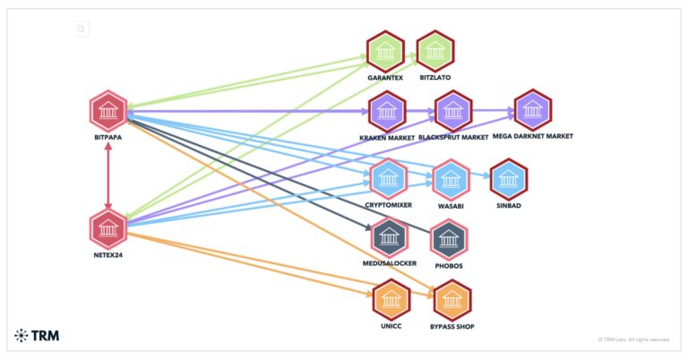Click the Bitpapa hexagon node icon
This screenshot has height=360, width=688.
click(x=108, y=111)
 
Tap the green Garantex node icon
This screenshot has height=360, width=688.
click(x=386, y=51)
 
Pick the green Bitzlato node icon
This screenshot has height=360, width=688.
click(x=436, y=51)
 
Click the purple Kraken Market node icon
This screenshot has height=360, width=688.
click(x=387, y=110)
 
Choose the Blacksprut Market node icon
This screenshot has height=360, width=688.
click(x=452, y=110)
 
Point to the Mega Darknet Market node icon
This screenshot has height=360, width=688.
click(x=533, y=109)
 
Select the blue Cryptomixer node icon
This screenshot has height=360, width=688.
click(x=389, y=177)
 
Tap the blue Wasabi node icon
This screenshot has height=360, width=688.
click(x=451, y=178)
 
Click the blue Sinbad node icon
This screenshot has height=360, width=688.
click(x=508, y=177)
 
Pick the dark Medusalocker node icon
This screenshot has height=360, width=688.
click(x=389, y=236)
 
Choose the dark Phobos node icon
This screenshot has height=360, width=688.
click(x=450, y=238)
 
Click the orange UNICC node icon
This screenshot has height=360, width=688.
click(x=391, y=299)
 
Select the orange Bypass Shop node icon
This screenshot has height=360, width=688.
click(x=452, y=299)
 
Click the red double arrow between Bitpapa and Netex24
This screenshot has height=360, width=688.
click(x=108, y=170)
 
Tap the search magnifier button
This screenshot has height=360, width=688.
click(x=82, y=29)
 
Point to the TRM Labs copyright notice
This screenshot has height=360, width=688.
click(x=633, y=339)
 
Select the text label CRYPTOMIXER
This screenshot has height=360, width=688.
click(x=389, y=205)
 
